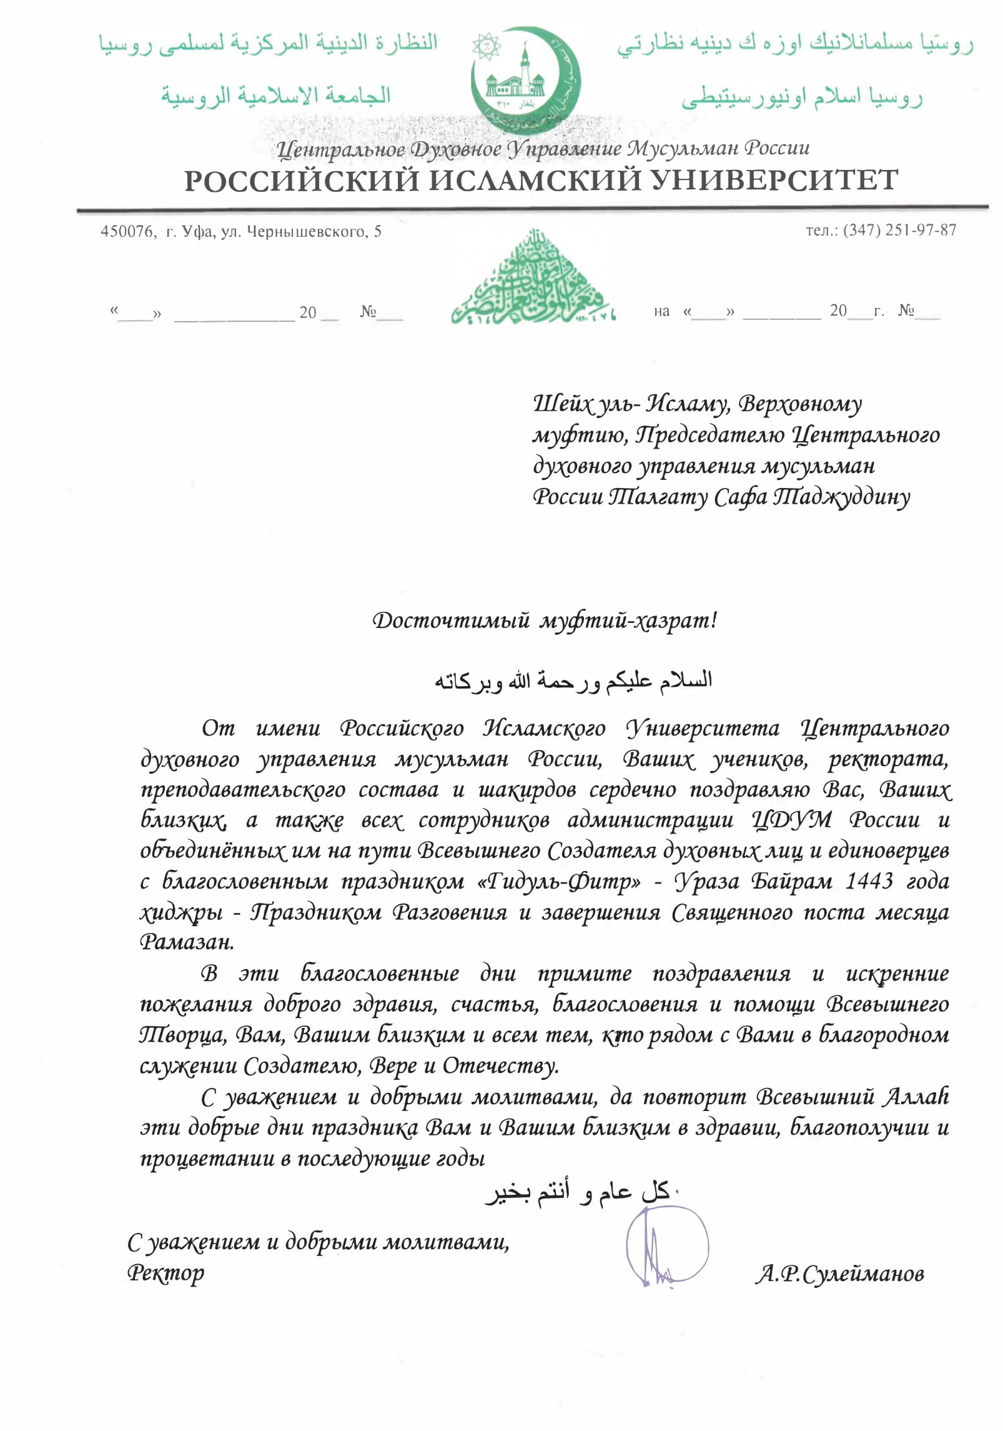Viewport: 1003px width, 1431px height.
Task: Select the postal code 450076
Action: pos(127,232)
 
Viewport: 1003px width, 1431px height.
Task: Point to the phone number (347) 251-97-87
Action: pos(899,231)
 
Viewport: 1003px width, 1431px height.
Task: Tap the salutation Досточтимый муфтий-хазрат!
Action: pos(545,621)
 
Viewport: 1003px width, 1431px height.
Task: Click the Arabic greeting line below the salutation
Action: pos(573,680)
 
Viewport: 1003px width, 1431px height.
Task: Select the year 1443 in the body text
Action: pos(869,881)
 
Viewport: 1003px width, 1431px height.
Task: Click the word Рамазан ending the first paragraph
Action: pos(187,942)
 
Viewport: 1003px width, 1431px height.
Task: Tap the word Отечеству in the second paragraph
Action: pos(500,1066)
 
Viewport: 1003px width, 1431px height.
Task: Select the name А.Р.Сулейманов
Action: pos(839,1274)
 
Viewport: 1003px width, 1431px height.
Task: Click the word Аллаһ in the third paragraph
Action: pos(917,1097)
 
